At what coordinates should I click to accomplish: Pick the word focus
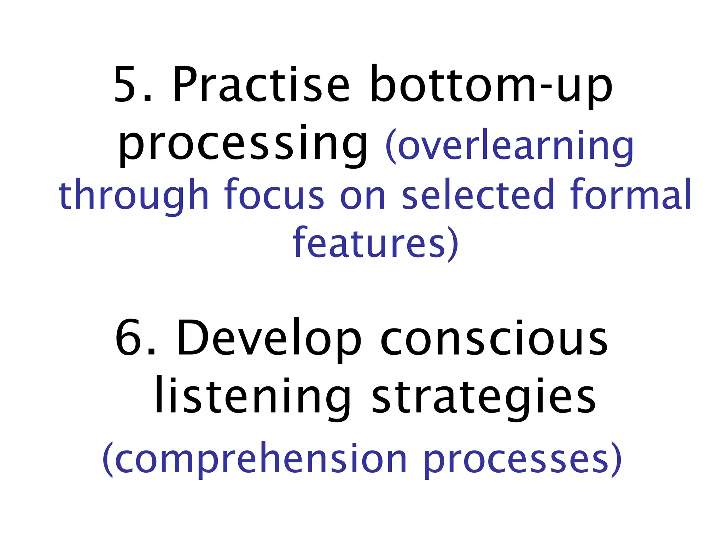pyautogui.click(x=274, y=194)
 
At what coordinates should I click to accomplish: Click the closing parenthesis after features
pyautogui.click(x=453, y=244)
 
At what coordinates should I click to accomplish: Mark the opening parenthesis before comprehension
pyautogui.click(x=107, y=460)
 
